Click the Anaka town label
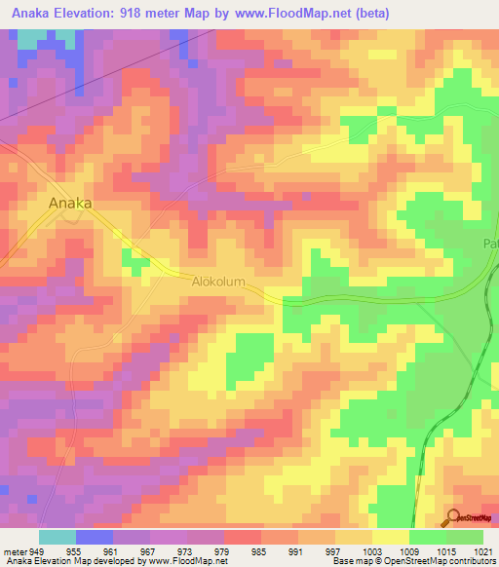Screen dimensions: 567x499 tap(70, 203)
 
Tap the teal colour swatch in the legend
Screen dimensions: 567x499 tap(58, 536)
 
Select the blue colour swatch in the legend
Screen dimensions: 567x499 tap(95, 536)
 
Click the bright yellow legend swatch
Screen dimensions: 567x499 tap(391, 536)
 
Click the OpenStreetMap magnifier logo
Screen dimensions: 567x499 tap(453, 518)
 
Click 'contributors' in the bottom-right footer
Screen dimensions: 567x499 tap(471, 561)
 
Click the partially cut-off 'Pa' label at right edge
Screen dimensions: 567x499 tap(490, 244)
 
